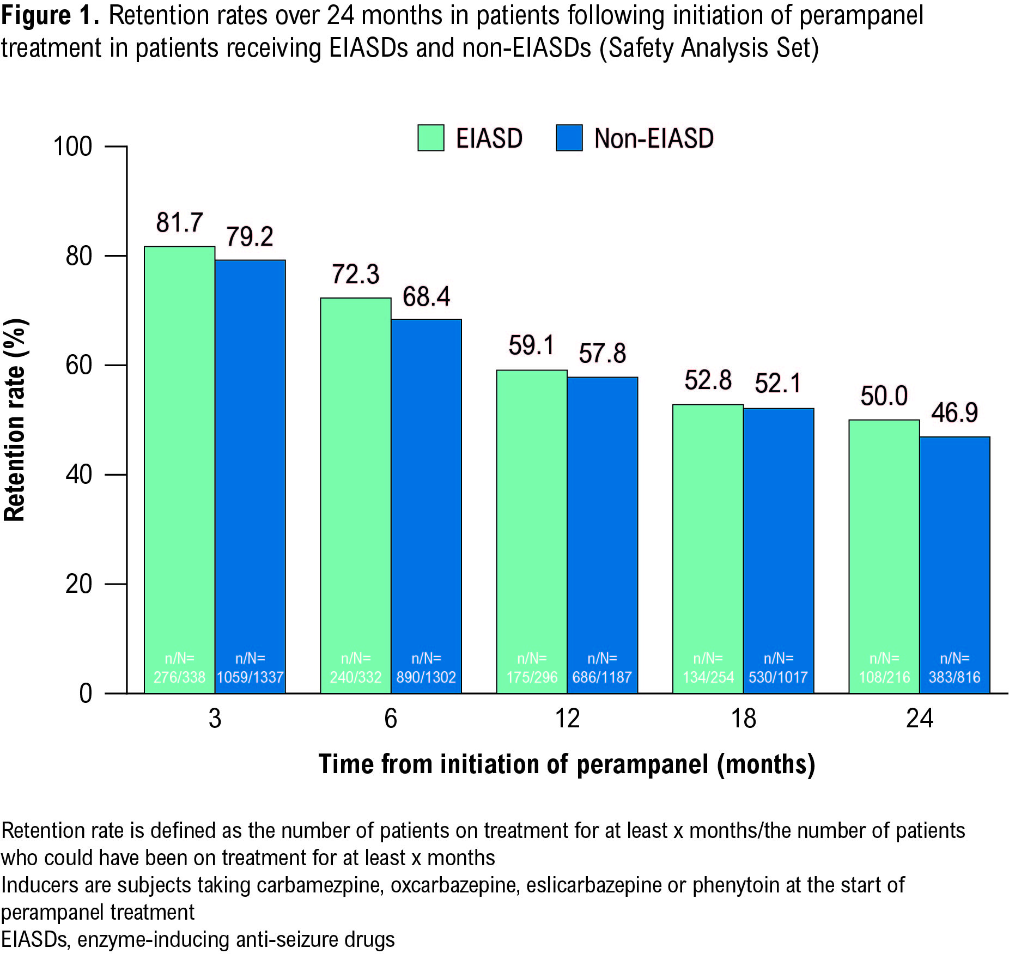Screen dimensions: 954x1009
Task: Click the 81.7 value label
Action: pyautogui.click(x=179, y=222)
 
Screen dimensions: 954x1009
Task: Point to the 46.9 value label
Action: pyautogui.click(x=955, y=412)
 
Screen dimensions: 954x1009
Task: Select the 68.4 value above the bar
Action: pyautogui.click(x=426, y=297)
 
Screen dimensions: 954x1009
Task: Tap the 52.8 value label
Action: pyautogui.click(x=708, y=380)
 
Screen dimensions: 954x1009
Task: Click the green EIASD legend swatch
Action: pyautogui.click(x=430, y=138)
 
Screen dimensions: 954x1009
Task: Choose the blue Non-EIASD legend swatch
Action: pyautogui.click(x=569, y=138)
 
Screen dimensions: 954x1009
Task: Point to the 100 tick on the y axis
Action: pyautogui.click(x=72, y=147)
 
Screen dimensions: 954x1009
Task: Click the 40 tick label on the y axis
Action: pyautogui.click(x=78, y=475)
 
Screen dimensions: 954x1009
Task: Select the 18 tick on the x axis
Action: pyautogui.click(x=743, y=719)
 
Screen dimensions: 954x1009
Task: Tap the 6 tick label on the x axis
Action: pyautogui.click(x=391, y=719)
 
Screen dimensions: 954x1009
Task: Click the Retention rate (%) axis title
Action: pyautogui.click(x=15, y=420)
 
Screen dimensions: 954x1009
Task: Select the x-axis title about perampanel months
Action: pyautogui.click(x=567, y=764)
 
